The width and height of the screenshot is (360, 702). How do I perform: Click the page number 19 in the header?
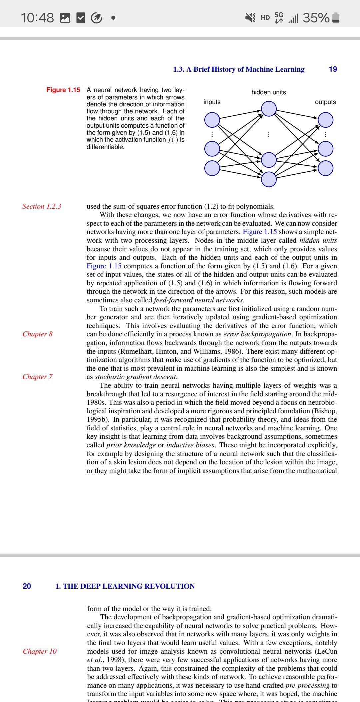pos(333,69)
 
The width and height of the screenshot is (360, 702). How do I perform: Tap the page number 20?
pos(27,586)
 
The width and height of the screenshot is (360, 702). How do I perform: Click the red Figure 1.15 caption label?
pos(63,90)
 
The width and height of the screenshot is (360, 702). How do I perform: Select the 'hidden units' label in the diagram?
pos(268,92)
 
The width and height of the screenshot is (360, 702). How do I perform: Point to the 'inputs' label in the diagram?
pos(212,102)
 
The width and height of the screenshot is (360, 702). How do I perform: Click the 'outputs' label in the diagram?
pos(325,102)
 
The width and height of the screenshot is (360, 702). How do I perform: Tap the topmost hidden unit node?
pos(269,109)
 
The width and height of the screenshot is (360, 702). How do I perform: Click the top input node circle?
pos(212,120)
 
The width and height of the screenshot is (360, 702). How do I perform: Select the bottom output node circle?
pos(325,168)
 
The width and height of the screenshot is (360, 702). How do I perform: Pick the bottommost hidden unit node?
pos(269,179)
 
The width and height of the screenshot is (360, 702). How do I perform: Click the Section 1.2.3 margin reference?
pos(42,206)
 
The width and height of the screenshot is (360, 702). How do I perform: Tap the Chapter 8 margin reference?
pos(38,334)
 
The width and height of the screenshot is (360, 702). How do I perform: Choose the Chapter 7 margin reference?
pos(38,377)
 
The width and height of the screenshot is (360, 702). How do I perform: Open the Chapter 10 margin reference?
pos(40,651)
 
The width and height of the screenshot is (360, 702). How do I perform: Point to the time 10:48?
pos(37,18)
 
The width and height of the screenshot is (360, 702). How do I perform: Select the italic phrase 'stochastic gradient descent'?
pos(136,377)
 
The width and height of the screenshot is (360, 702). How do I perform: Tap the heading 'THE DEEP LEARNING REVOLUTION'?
pos(129,586)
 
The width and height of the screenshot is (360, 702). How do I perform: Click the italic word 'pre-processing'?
pos(308,685)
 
